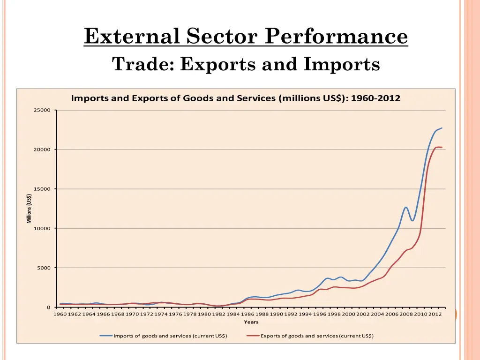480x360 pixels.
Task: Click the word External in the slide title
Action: click(x=132, y=36)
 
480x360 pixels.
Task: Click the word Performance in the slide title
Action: click(x=336, y=36)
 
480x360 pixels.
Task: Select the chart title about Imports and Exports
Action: click(x=235, y=98)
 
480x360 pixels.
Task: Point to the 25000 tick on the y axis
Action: click(x=42, y=110)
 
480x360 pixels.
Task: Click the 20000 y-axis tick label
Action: click(x=42, y=150)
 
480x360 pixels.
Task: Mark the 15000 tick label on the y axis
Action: click(x=42, y=189)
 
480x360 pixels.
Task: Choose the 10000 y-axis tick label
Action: click(x=42, y=228)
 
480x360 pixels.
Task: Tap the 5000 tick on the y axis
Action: click(x=43, y=268)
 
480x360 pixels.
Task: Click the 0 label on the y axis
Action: click(x=48, y=307)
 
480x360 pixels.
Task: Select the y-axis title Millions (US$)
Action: click(x=29, y=209)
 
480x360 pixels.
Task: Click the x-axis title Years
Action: click(x=251, y=322)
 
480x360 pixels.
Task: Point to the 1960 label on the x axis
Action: click(x=60, y=315)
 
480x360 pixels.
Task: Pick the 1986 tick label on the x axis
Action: click(x=247, y=315)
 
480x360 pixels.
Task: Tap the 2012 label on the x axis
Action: click(x=435, y=315)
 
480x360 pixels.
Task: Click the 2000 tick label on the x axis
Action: click(x=348, y=315)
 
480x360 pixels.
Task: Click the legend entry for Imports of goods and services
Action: click(x=170, y=336)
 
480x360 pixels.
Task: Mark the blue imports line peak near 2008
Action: click(x=406, y=207)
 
